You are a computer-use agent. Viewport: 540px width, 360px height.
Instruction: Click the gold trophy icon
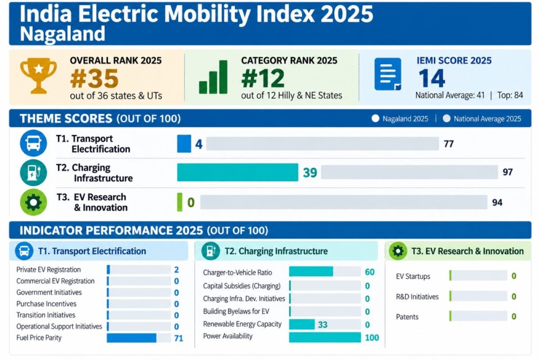click(38, 76)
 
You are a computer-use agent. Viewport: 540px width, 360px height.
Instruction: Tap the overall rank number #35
click(94, 79)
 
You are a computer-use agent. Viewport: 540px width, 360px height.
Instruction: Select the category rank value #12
click(263, 78)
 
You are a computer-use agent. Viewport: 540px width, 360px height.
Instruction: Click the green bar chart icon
click(213, 77)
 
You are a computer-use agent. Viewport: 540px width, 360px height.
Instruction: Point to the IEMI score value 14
click(432, 78)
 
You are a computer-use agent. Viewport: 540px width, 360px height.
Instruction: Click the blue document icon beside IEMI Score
click(388, 74)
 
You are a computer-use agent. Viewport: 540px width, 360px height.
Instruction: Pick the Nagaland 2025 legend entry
click(400, 119)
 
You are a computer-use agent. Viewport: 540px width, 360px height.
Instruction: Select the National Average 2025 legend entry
click(482, 119)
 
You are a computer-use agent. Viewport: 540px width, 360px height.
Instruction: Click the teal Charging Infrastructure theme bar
click(238, 172)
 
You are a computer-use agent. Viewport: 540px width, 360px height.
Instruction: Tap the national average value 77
click(449, 144)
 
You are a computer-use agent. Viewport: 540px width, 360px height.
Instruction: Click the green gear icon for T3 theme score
click(33, 202)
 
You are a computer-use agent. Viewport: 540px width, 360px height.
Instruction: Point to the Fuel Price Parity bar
click(132, 338)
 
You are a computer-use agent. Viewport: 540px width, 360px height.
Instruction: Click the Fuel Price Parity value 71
click(179, 338)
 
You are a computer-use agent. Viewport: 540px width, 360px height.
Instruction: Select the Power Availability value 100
click(372, 338)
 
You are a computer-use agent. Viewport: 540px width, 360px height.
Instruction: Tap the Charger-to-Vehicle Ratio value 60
click(369, 272)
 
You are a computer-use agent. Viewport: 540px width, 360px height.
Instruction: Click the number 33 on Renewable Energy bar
click(323, 324)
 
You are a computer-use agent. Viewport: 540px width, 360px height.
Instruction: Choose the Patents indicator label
click(407, 317)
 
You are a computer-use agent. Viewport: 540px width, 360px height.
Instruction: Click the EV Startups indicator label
click(413, 276)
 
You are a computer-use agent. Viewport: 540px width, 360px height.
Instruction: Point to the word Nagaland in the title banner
click(62, 34)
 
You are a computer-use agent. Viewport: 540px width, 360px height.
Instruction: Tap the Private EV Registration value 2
click(177, 270)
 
